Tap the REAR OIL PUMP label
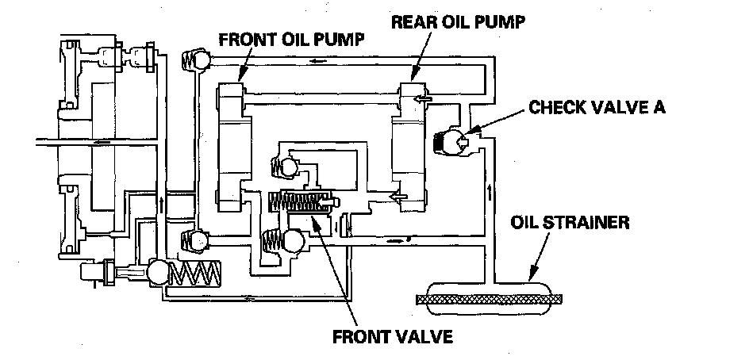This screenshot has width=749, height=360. click(459, 21)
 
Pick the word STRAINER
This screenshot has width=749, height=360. click(596, 223)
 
